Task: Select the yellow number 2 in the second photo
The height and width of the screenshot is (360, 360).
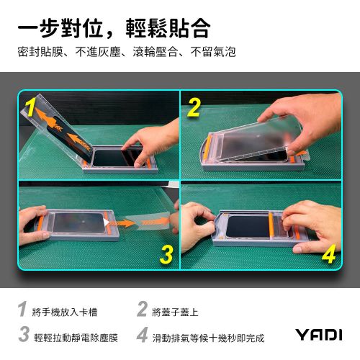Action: pyautogui.click(x=194, y=108)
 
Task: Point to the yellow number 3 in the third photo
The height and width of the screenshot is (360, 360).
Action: pyautogui.click(x=165, y=253)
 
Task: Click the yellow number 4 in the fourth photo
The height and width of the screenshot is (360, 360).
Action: pyautogui.click(x=328, y=253)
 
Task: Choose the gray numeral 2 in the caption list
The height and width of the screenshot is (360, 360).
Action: pyautogui.click(x=142, y=312)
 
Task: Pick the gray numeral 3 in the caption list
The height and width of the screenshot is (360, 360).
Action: pyautogui.click(x=23, y=336)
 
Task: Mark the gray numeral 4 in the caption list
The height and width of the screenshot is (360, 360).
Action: pyautogui.click(x=142, y=336)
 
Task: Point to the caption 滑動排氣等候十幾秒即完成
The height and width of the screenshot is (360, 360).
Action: pyautogui.click(x=210, y=336)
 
